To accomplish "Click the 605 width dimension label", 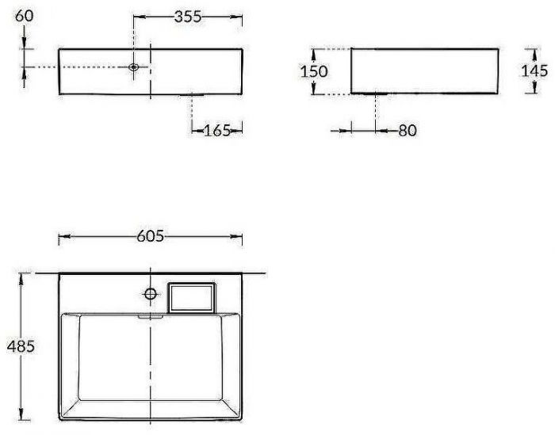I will tap(150, 235).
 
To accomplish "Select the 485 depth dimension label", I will tap(20, 346).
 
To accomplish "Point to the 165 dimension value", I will tap(217, 130).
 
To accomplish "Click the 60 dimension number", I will tap(25, 15).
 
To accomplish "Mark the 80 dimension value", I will tap(407, 130).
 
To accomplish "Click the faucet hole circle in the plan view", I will tap(150, 294).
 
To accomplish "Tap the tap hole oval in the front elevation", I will tap(134, 67).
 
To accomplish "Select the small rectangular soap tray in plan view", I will tap(192, 296).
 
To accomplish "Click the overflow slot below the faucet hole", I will tap(150, 314).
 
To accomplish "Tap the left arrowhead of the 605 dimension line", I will tap(63, 236).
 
